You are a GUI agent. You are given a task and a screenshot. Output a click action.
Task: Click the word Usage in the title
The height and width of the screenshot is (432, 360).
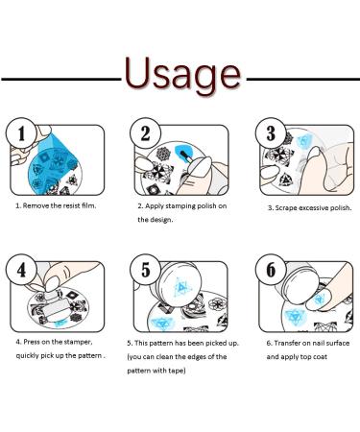[182, 74]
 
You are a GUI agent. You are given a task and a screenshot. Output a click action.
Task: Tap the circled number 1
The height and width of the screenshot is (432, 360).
[21, 132]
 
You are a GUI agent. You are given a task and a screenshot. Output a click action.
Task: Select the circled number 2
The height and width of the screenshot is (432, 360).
[145, 132]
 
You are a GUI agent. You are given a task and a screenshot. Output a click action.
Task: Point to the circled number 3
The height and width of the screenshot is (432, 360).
[271, 132]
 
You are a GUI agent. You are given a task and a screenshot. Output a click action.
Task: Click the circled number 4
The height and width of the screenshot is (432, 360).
[21, 270]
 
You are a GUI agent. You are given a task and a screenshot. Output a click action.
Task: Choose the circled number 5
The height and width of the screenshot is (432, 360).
[145, 270]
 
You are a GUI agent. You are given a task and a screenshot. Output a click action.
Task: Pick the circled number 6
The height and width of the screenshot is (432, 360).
[271, 270]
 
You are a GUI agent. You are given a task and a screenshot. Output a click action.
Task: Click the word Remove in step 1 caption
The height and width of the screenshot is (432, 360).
[35, 205]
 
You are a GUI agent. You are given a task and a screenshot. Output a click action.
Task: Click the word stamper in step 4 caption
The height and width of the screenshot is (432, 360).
[78, 342]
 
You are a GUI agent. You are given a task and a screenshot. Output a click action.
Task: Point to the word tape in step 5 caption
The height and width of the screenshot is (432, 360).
[178, 371]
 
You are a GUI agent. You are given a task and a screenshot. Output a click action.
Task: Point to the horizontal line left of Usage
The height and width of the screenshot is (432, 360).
[61, 79]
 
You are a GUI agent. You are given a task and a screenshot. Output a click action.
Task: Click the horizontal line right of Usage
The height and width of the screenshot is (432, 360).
[303, 79]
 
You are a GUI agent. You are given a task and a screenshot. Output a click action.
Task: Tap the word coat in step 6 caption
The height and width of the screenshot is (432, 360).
[321, 357]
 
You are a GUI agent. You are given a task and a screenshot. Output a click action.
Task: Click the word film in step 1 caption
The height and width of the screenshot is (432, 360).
[88, 205]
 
